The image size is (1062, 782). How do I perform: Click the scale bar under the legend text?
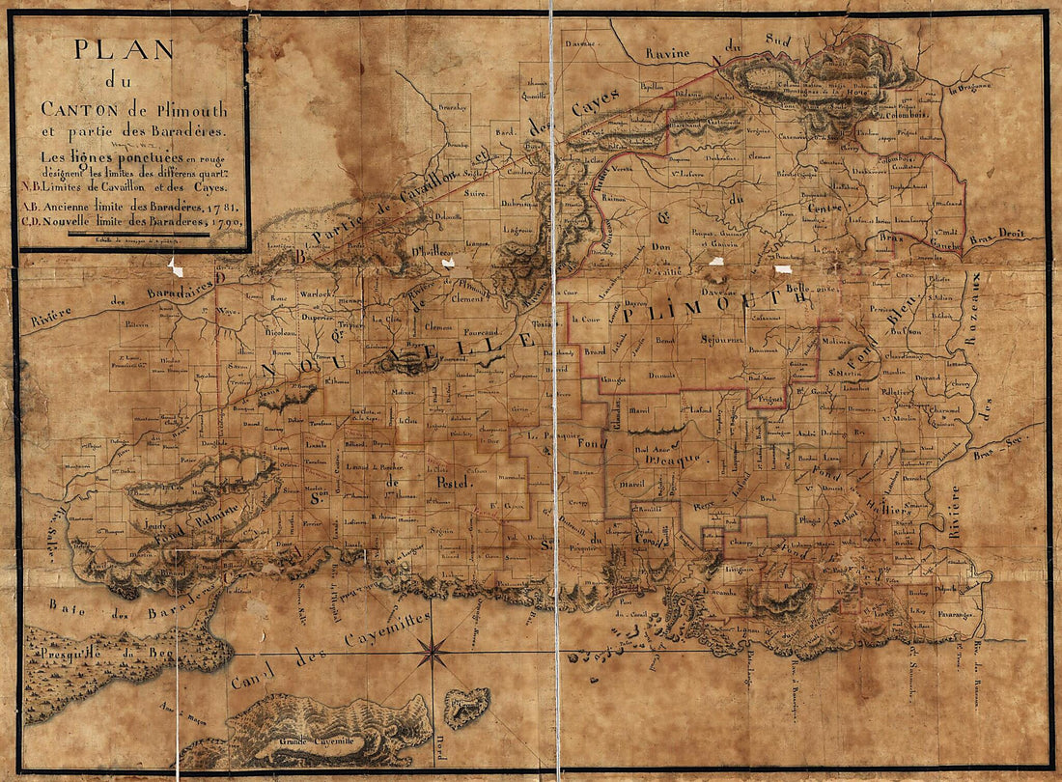pos(125,234)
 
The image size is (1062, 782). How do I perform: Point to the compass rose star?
pos(432,653)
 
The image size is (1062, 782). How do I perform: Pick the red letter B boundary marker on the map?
pos(301,257)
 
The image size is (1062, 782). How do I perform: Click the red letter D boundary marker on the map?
pos(221,278)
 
